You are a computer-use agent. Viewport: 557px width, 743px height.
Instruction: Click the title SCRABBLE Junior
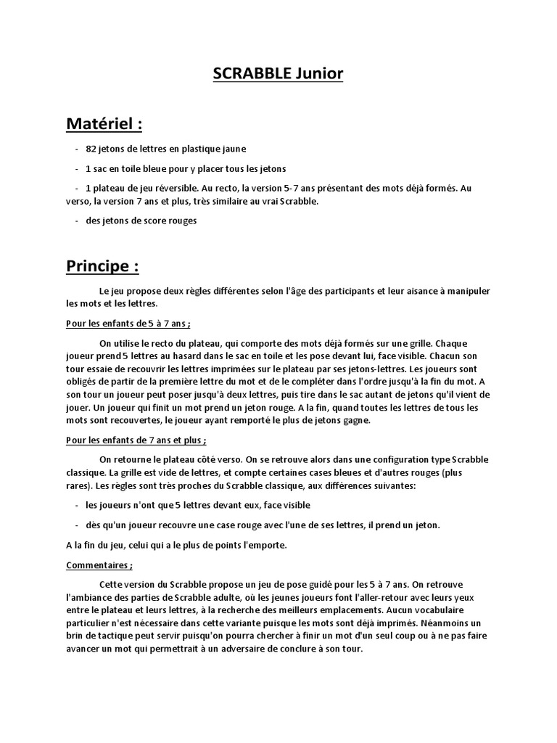278,74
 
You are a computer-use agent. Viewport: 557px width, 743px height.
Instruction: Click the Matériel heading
104,124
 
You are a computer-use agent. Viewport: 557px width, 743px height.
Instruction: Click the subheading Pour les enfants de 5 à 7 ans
128,324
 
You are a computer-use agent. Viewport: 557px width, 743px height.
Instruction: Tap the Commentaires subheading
99,565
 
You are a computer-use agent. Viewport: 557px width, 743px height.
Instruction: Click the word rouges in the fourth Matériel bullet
182,221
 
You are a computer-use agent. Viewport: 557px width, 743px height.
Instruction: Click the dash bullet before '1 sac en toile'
77,168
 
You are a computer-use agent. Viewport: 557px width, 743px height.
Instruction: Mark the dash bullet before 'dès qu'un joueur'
77,525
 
